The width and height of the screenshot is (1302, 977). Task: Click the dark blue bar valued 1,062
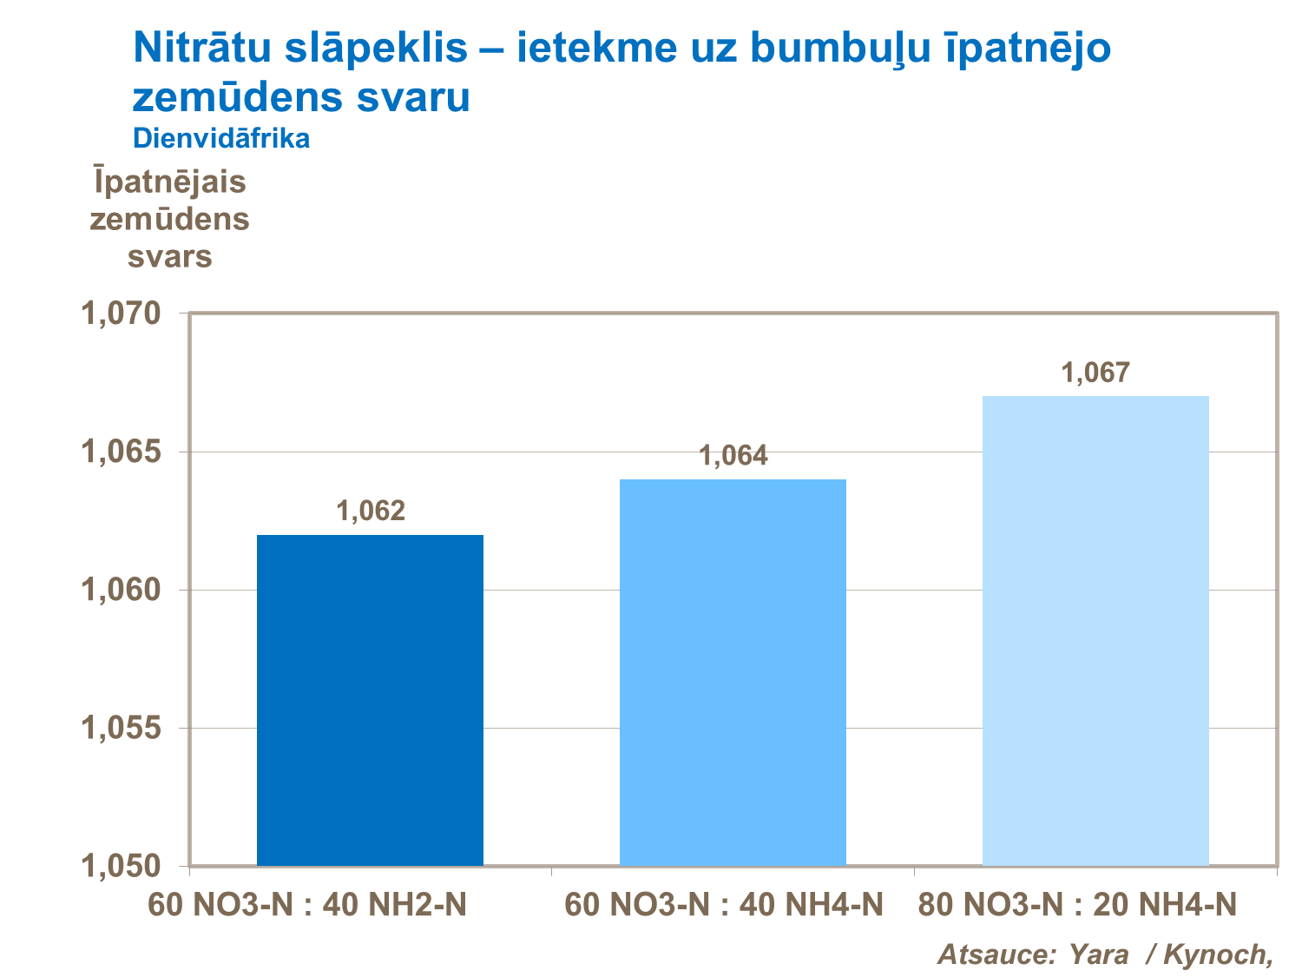(370, 700)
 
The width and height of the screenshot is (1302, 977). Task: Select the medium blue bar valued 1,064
(733, 672)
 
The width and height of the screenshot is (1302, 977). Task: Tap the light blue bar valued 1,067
(1095, 630)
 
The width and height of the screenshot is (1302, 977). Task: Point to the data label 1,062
(371, 511)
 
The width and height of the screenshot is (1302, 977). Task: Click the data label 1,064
(733, 455)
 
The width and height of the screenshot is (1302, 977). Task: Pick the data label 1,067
(1095, 373)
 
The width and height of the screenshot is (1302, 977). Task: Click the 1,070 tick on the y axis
(121, 314)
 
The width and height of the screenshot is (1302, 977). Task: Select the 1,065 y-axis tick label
(121, 452)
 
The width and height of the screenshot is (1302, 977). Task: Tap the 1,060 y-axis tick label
(121, 591)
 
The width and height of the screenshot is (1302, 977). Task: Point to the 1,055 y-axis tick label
(121, 729)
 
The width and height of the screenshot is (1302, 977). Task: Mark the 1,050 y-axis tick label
(121, 866)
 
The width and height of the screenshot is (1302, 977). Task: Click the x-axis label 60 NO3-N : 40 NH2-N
(307, 906)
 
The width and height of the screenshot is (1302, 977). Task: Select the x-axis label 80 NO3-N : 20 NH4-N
(1076, 906)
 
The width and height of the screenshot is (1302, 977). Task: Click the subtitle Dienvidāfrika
(221, 138)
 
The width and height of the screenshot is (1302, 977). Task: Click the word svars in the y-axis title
(170, 256)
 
